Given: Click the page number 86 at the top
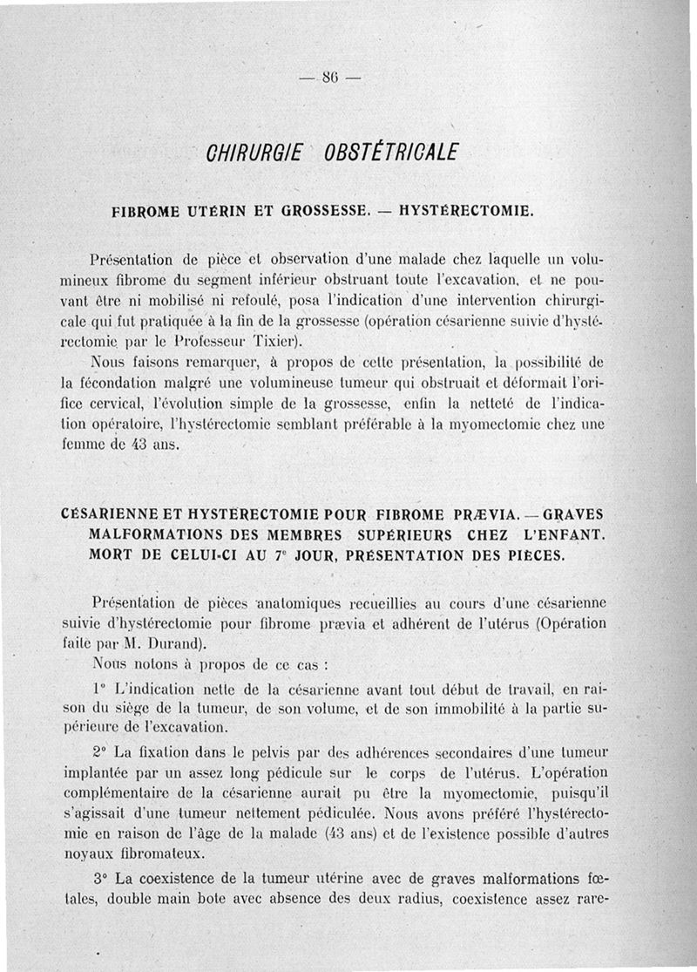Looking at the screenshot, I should (329, 76).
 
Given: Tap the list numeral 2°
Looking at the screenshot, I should (98, 751).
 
